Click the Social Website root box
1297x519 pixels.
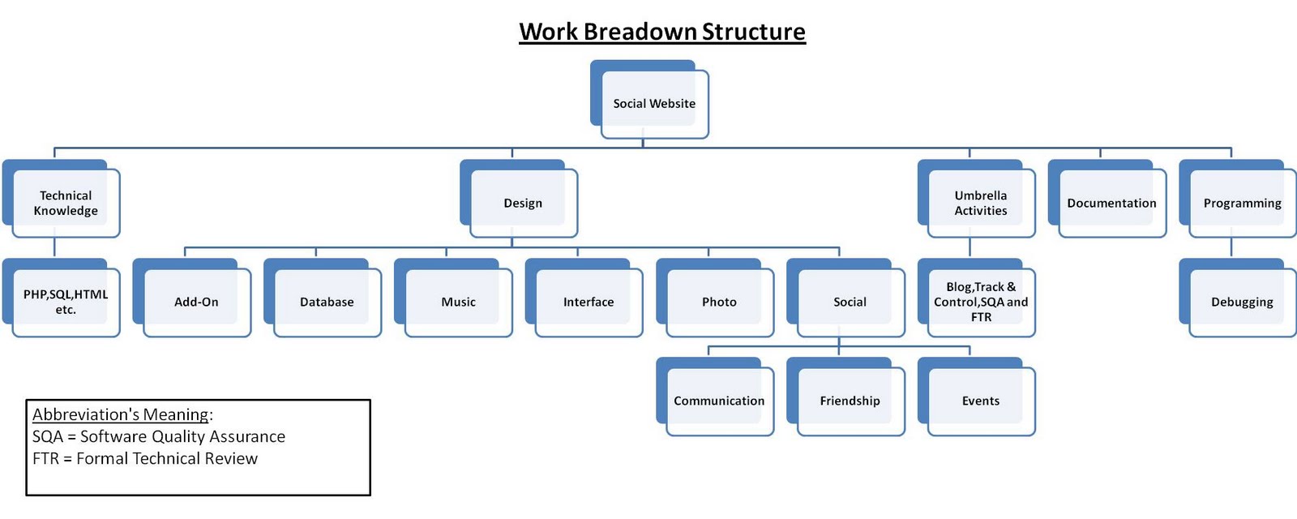click(653, 103)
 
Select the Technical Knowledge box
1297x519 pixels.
click(66, 203)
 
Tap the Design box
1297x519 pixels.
click(523, 203)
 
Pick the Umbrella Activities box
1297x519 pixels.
click(980, 203)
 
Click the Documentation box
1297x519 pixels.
click(1111, 203)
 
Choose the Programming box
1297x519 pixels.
click(1242, 203)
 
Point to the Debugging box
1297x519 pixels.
click(1242, 302)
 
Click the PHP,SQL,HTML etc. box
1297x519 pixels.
click(66, 302)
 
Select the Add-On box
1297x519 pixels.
click(196, 302)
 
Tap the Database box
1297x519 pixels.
click(327, 302)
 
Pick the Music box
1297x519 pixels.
click(458, 302)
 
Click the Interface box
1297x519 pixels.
click(589, 302)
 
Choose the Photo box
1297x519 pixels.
click(719, 302)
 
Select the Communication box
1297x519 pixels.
click(719, 401)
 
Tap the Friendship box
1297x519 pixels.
click(850, 401)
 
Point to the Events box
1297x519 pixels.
click(980, 401)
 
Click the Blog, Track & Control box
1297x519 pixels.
click(980, 302)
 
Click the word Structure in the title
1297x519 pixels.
click(753, 32)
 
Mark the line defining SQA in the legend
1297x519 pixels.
click(159, 436)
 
